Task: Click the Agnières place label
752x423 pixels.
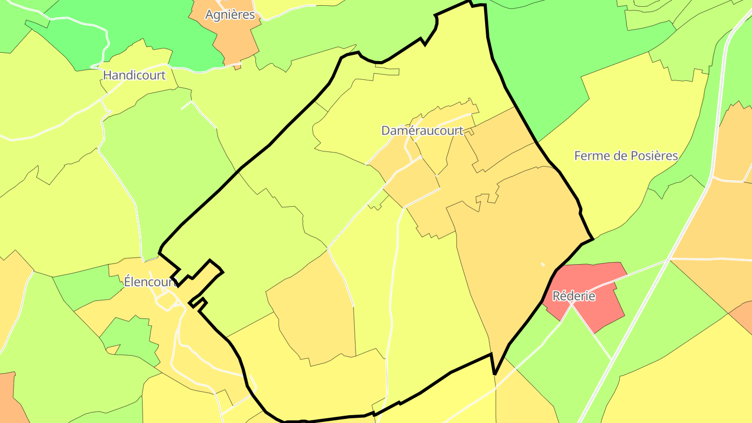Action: coord(230,15)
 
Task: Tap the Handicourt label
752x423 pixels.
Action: coord(134,75)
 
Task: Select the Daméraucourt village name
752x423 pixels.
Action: coord(422,131)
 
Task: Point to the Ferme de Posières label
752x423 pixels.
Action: coord(626,156)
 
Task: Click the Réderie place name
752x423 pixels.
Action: coord(574,296)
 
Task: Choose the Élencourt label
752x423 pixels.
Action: coord(149,282)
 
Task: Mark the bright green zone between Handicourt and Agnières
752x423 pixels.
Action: coord(157,31)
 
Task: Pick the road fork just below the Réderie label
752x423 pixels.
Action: coord(571,305)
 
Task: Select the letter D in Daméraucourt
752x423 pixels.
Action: coord(386,131)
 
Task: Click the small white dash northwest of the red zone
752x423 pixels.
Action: coord(543,264)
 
